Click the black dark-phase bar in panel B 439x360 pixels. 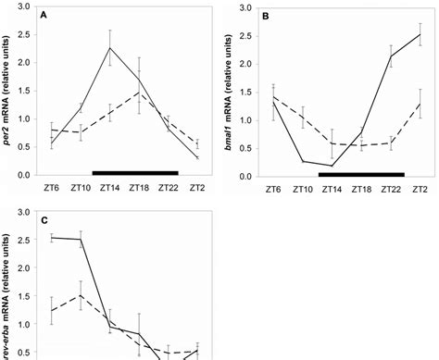pos(361,173)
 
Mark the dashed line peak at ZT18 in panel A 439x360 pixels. pos(138,93)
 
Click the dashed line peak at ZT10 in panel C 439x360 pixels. pos(82,296)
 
